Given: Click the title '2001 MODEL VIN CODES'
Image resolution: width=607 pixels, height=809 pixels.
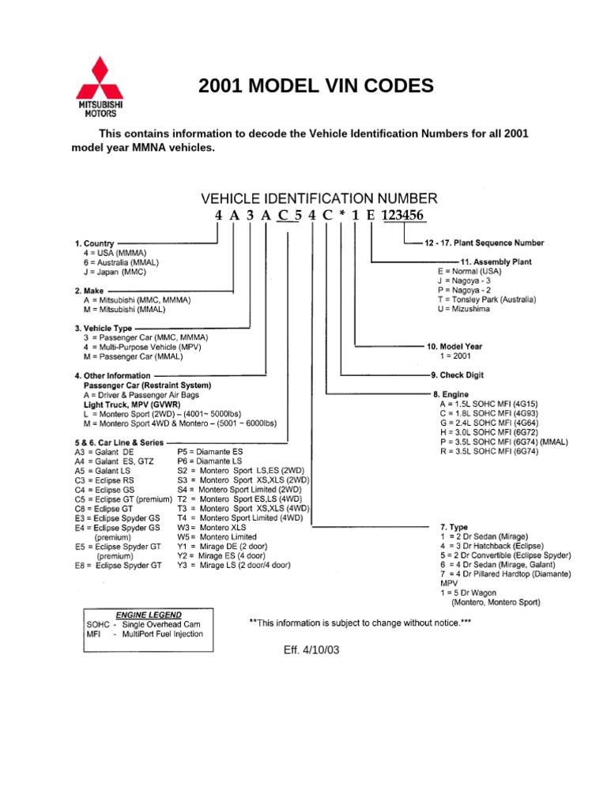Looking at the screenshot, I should (316, 86).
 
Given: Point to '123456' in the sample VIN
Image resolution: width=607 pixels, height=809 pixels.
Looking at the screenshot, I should (402, 215).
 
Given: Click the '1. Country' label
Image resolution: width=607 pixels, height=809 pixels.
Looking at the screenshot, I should (95, 243).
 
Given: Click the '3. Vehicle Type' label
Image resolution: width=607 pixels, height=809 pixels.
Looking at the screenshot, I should (104, 328).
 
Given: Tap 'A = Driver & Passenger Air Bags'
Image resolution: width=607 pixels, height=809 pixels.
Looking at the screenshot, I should (141, 394).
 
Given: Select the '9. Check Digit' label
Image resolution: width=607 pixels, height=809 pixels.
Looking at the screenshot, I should (458, 375).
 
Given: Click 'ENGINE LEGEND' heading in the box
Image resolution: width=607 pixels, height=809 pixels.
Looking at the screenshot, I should (149, 614).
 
